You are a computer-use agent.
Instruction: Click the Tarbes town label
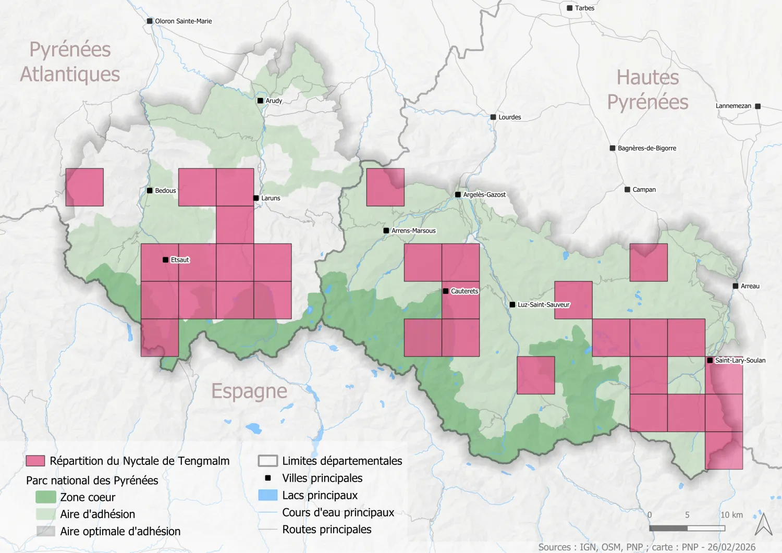584,8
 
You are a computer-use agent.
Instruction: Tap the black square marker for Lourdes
493,117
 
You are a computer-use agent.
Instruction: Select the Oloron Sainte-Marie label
183,21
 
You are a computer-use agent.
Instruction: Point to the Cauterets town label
464,291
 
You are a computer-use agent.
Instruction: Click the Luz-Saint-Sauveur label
543,305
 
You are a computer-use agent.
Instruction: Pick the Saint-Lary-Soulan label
740,361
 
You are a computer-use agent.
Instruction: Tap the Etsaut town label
180,260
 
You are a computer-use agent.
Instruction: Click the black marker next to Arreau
736,286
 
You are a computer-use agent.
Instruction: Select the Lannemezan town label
733,106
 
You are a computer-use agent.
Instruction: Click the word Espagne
249,391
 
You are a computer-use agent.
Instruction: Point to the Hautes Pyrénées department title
647,90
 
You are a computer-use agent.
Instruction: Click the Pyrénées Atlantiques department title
70,62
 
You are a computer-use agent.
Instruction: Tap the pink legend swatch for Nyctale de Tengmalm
35,461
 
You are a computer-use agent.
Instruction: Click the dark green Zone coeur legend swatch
45,497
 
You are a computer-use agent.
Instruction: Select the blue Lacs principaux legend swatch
267,495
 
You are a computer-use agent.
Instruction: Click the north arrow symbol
764,524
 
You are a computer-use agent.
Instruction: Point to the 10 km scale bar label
731,515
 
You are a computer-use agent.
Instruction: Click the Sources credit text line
646,547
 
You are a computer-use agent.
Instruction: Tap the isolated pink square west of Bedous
84,187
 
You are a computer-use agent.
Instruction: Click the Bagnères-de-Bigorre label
646,149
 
